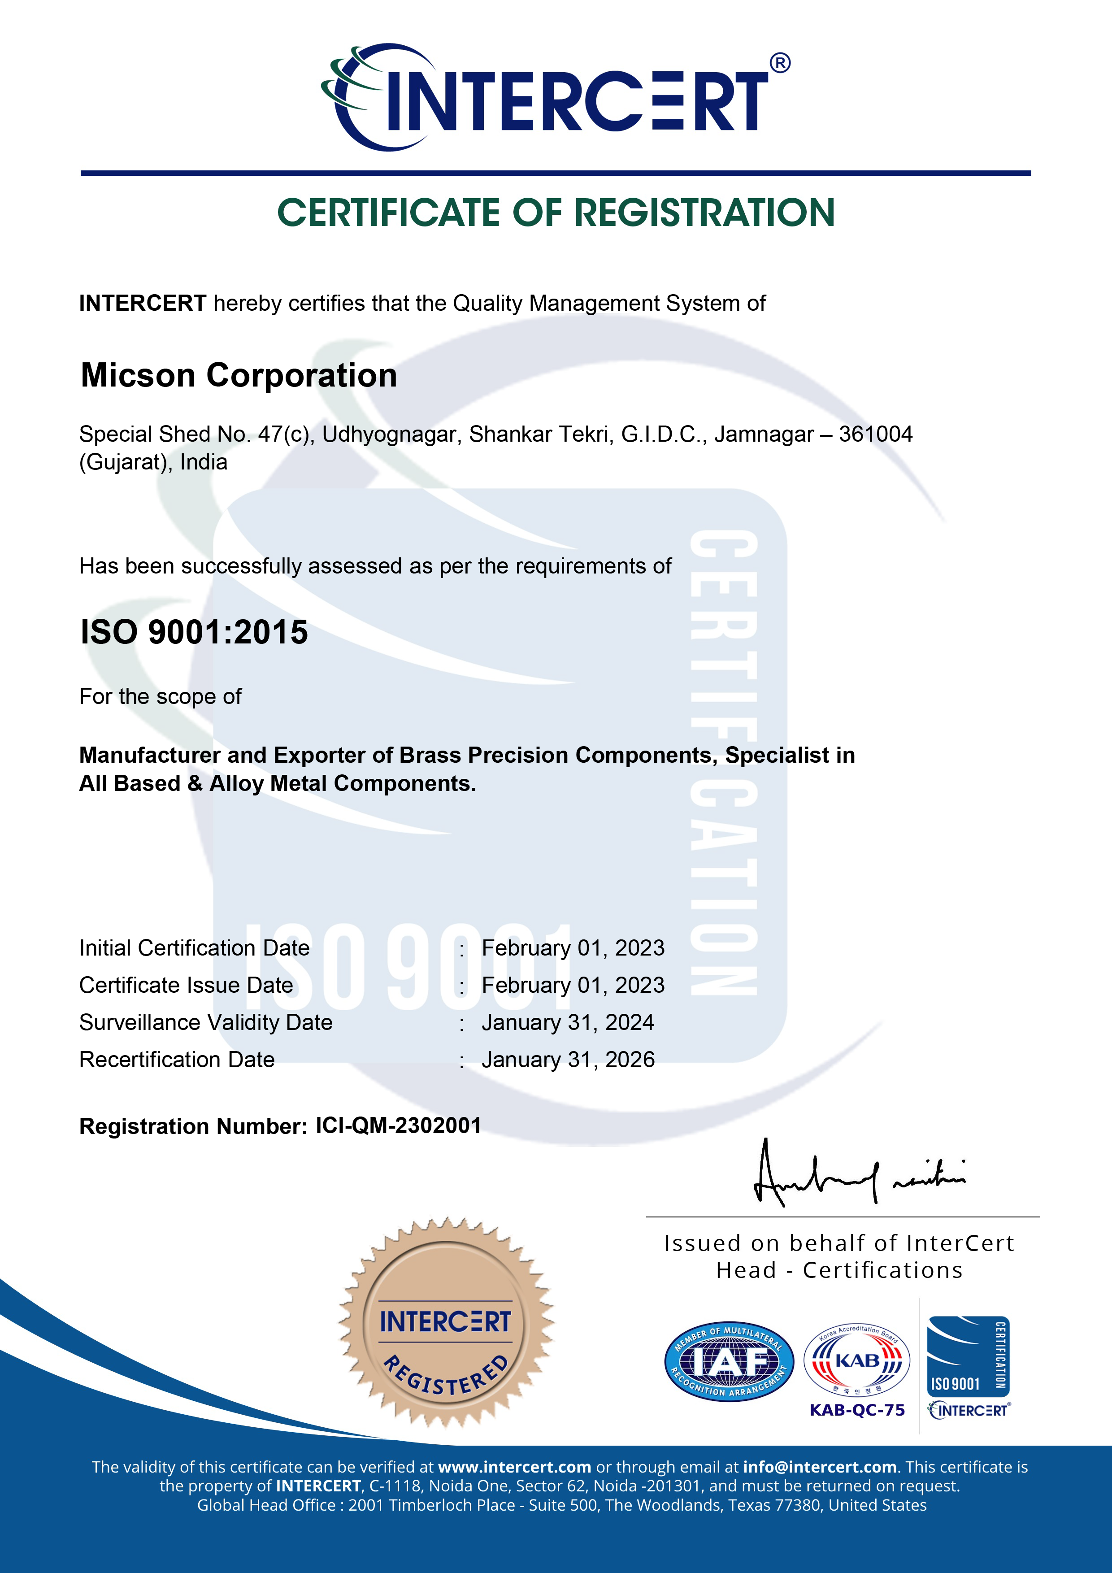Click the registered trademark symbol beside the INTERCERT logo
tap(780, 63)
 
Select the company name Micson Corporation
tap(239, 375)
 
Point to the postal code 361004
tap(876, 435)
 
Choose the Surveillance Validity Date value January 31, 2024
tap(567, 1022)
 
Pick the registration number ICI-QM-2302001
tap(398, 1125)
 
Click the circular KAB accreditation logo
tap(856, 1360)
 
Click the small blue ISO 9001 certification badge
tap(968, 1356)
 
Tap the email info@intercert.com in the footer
tap(820, 1467)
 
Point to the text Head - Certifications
tap(839, 1270)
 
